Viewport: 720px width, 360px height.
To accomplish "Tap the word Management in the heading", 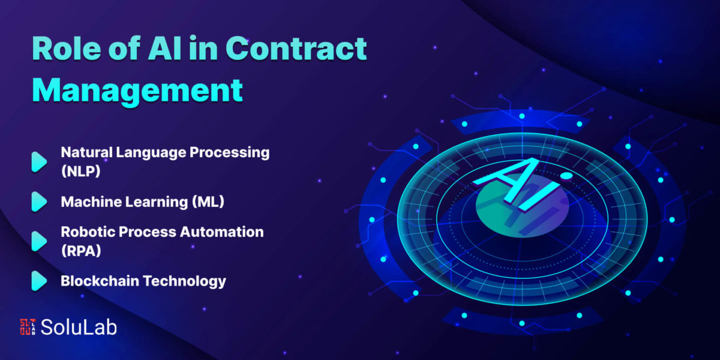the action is (x=137, y=91).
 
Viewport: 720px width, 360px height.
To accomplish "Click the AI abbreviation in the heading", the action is (x=164, y=48).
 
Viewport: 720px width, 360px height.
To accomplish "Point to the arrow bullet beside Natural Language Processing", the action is (x=39, y=161).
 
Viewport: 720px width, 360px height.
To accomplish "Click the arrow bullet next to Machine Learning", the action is (x=39, y=202).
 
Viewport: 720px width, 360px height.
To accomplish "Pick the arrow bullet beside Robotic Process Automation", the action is (x=39, y=241).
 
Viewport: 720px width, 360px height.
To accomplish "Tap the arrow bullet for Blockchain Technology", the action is (x=39, y=281).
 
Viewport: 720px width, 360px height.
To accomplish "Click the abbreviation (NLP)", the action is (x=80, y=171).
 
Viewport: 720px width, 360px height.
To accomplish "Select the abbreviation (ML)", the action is (x=208, y=202).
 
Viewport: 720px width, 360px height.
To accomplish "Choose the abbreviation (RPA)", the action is (x=81, y=251).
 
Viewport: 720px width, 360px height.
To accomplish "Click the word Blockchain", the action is (x=100, y=281).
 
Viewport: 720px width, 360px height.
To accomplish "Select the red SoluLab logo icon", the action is (x=28, y=327).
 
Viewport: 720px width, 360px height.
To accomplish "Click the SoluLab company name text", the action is (x=79, y=327).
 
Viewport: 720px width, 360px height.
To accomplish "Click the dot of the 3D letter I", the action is (x=566, y=176).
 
